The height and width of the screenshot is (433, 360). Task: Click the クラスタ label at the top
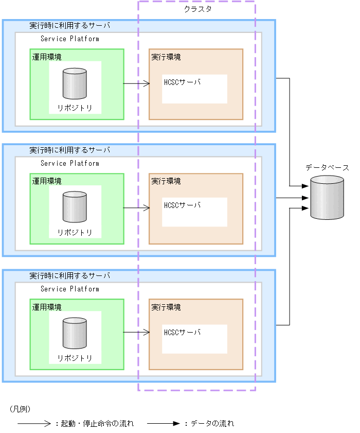tap(197, 9)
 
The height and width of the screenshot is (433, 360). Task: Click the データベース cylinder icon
tap(327, 198)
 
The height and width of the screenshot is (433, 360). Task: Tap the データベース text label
tap(327, 168)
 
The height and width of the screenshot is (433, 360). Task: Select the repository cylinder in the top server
tap(75, 84)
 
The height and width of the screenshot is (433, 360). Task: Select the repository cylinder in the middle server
tap(75, 207)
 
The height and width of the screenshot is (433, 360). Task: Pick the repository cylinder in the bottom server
tap(75, 334)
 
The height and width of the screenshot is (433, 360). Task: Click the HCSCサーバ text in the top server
tap(182, 82)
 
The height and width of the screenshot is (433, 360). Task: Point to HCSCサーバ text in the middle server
tap(182, 205)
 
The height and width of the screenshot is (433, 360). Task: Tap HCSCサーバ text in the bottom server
tap(182, 332)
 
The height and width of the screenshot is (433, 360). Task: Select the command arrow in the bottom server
tap(136, 333)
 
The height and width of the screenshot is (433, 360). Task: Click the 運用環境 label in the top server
tap(47, 57)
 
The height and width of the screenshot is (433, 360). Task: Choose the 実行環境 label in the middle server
tap(166, 181)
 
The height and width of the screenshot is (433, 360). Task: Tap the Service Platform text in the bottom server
tap(70, 289)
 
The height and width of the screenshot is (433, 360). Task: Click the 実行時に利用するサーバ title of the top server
tap(70, 25)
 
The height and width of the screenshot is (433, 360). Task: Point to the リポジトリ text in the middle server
tap(75, 232)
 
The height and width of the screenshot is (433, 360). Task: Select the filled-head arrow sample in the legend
tap(164, 424)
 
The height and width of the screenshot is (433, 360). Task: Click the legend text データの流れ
tap(212, 424)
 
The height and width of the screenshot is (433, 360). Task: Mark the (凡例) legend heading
tap(21, 409)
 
